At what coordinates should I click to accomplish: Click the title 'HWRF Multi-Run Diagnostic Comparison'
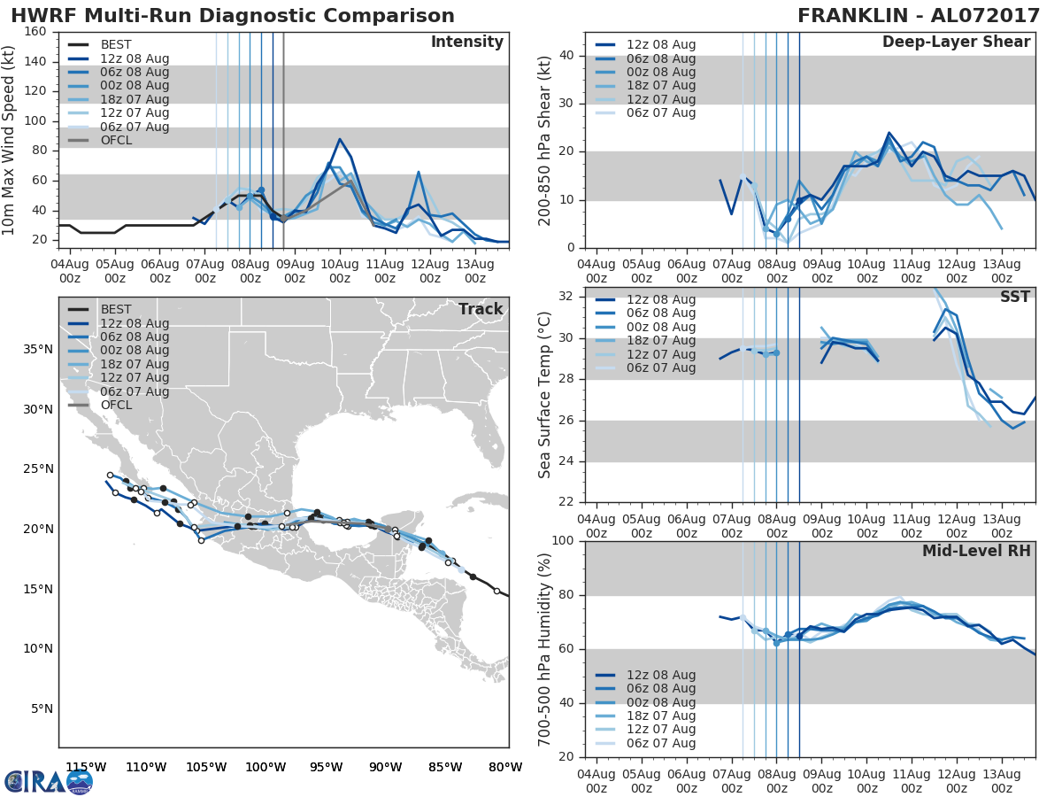[233, 16]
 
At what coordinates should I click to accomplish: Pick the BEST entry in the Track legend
[116, 310]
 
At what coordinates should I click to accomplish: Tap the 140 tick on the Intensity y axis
[36, 61]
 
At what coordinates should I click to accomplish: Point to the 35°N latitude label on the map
[37, 349]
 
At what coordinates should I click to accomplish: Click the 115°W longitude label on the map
[86, 767]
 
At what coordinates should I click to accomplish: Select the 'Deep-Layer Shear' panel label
[956, 43]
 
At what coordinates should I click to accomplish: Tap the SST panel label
[1014, 298]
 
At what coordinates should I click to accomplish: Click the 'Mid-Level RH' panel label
[976, 551]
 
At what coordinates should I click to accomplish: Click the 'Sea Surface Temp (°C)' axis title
[545, 395]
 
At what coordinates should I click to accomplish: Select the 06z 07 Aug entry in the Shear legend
[658, 112]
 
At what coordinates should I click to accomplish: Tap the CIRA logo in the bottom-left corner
[49, 781]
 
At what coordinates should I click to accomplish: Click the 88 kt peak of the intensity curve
[340, 139]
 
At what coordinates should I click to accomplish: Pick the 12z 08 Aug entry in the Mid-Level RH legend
[658, 675]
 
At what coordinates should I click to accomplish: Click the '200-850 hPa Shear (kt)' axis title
[545, 140]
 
